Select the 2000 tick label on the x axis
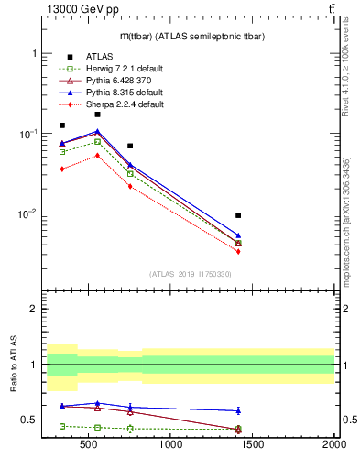coord(333,444)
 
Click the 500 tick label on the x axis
coord(89,444)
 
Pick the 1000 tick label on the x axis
coord(170,444)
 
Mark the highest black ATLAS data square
coord(97,115)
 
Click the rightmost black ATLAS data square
coord(238,215)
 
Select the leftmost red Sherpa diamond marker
coord(62,169)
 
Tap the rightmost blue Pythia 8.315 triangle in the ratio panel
coord(238,410)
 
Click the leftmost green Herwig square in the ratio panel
coord(62,426)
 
